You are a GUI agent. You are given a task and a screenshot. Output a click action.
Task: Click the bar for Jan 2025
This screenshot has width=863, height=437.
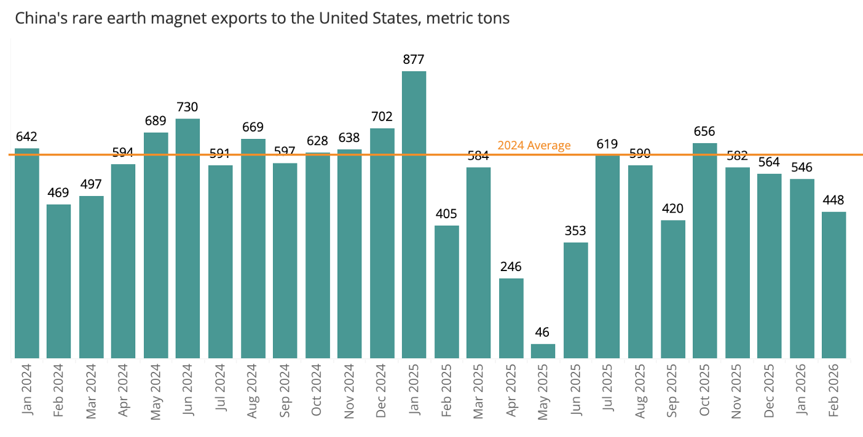[x=414, y=215]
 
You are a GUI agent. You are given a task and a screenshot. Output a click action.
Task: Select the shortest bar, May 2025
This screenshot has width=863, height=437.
[x=543, y=351]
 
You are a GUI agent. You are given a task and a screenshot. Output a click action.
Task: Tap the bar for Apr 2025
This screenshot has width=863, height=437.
[x=511, y=318]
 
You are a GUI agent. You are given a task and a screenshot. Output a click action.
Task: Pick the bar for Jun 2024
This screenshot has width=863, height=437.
[x=187, y=238]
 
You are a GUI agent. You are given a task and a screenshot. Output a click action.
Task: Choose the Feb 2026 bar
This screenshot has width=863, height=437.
[x=833, y=285]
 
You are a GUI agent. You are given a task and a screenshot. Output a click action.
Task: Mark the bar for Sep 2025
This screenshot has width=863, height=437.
[x=673, y=289]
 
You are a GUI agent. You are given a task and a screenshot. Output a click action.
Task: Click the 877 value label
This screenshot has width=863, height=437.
[x=414, y=60]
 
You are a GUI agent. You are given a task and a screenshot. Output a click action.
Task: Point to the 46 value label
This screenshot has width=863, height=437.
[x=542, y=332]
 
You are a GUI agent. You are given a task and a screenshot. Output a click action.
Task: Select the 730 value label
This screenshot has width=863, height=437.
[x=187, y=107]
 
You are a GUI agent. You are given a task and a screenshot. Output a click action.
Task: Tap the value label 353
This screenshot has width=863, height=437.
[x=575, y=230]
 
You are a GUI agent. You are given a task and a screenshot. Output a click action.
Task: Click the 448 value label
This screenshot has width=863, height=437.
[x=833, y=200]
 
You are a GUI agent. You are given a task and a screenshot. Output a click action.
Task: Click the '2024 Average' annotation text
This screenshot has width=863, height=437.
[x=534, y=145]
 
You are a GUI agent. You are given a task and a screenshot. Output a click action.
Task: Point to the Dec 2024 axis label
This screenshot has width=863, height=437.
[x=380, y=391]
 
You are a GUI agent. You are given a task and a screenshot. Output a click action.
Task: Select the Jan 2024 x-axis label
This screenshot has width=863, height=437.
[x=26, y=390]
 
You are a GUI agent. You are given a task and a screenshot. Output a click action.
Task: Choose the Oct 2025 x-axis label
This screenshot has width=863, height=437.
[x=704, y=390]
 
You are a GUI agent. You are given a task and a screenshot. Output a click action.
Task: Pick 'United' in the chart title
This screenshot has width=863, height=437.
[x=342, y=18]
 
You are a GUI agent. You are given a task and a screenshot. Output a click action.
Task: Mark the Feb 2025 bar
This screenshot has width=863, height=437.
[x=447, y=292]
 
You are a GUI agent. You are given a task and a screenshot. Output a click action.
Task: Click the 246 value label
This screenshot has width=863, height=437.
[x=511, y=266]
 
